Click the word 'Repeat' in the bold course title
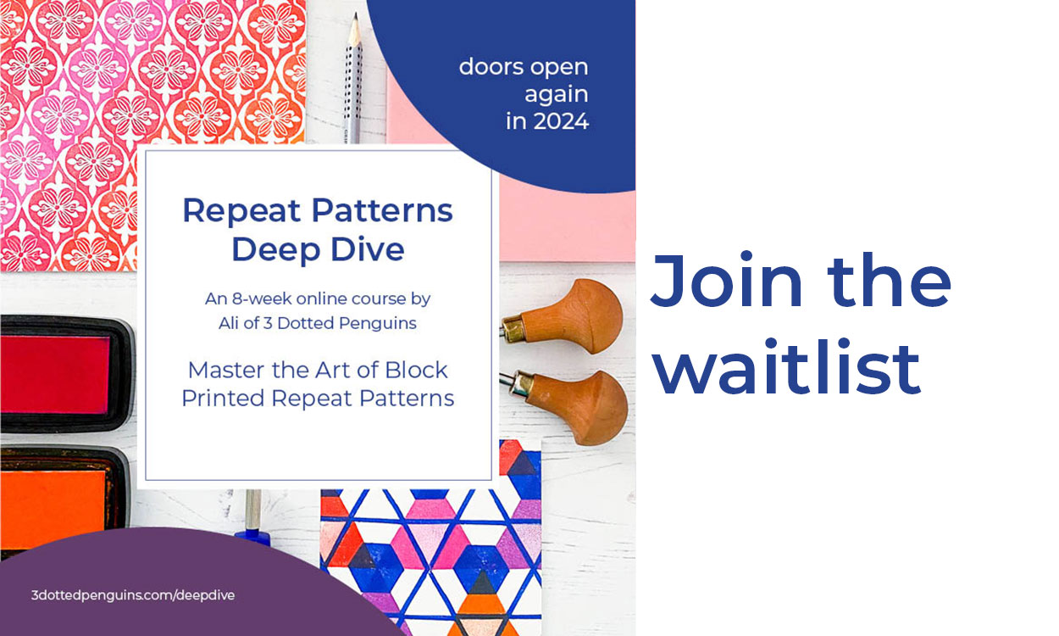[x=241, y=211]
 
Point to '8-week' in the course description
[x=262, y=298]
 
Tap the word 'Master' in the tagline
[x=227, y=370]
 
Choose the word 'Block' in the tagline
[x=416, y=370]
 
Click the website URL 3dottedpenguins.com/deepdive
[x=133, y=595]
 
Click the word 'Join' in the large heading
[x=727, y=281]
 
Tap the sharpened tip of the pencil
[x=355, y=15]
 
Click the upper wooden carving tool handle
[x=572, y=316]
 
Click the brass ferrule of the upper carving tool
[x=512, y=329]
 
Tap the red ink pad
[x=56, y=374]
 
